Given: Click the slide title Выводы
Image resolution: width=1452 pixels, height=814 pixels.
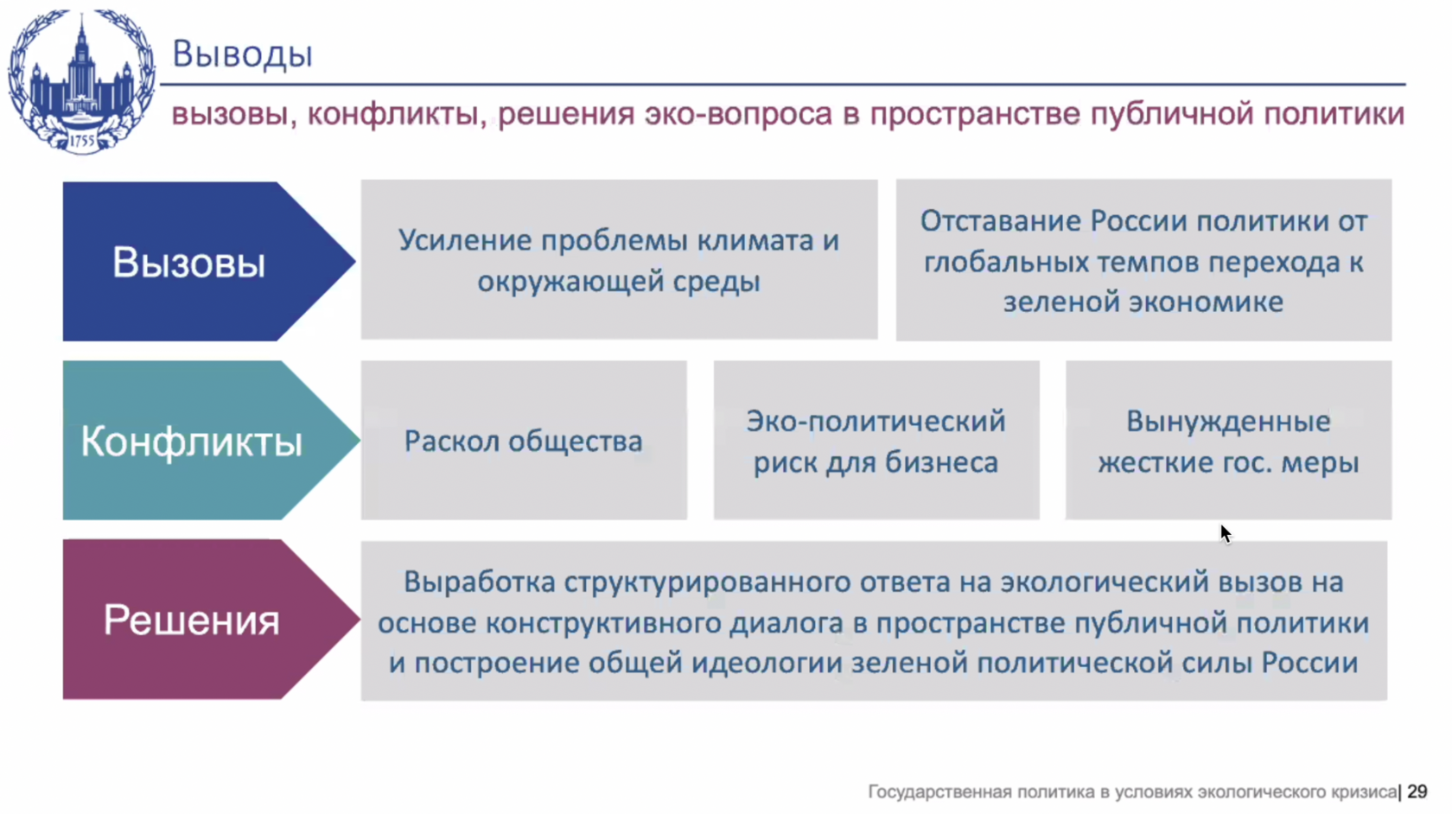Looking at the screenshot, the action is [x=242, y=54].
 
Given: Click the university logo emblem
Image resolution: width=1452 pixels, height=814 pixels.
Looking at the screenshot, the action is [x=81, y=81].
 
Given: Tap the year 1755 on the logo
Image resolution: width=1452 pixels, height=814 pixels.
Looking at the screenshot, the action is [x=82, y=142].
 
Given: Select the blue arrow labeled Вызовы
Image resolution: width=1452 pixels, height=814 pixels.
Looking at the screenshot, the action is [x=209, y=261].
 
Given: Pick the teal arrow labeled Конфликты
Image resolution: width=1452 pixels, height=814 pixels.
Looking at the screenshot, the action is [x=211, y=440].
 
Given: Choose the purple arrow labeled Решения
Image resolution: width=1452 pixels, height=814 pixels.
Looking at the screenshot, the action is [x=211, y=619].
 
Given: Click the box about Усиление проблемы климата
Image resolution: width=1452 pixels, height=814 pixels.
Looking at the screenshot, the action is [x=619, y=260].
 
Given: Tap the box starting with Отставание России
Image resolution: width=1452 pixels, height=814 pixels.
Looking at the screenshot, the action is [x=1143, y=260].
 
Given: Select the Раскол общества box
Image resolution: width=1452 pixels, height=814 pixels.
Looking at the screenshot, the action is [x=524, y=440].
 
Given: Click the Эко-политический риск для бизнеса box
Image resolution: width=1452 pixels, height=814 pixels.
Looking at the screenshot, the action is [x=876, y=440].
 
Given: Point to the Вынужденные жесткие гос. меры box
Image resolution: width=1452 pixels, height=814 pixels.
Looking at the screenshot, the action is [x=1228, y=440].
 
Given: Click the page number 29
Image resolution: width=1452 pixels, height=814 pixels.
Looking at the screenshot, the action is [x=1417, y=792].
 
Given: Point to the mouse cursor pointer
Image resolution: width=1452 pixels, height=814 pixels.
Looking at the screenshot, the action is [x=1226, y=534].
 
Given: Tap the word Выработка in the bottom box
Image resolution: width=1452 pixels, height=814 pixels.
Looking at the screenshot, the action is [x=479, y=582].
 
